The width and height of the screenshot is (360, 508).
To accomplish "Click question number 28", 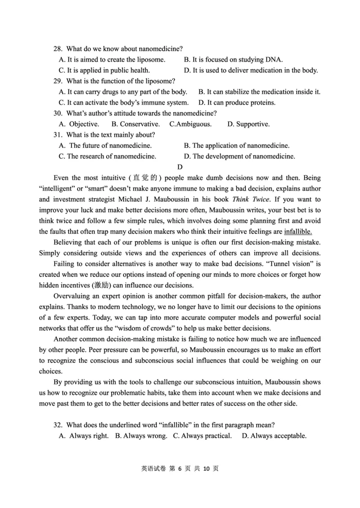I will coord(58,49).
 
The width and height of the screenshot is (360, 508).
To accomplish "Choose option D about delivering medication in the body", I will coord(251,70).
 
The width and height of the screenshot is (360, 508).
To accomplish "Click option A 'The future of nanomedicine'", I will coord(106,146).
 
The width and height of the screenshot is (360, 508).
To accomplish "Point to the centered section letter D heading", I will coord(180,167).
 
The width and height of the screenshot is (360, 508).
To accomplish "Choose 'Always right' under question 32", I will coord(84,436).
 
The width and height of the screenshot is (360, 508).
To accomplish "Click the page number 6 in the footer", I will coord(179,468).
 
